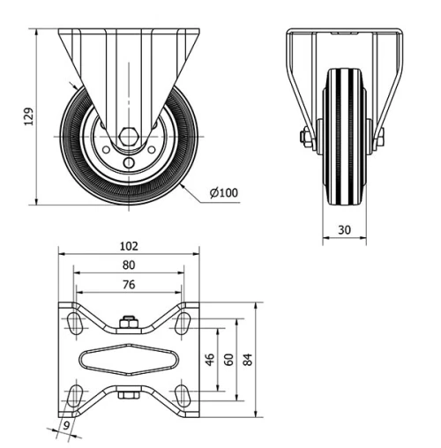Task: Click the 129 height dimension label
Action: (x=27, y=116)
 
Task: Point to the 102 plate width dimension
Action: (x=130, y=247)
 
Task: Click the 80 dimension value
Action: (x=129, y=265)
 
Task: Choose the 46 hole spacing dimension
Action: (x=210, y=359)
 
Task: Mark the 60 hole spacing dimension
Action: (x=229, y=359)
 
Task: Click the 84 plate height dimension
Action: (x=249, y=359)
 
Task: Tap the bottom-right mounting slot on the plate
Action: (x=183, y=393)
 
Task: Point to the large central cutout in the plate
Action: (x=130, y=359)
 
